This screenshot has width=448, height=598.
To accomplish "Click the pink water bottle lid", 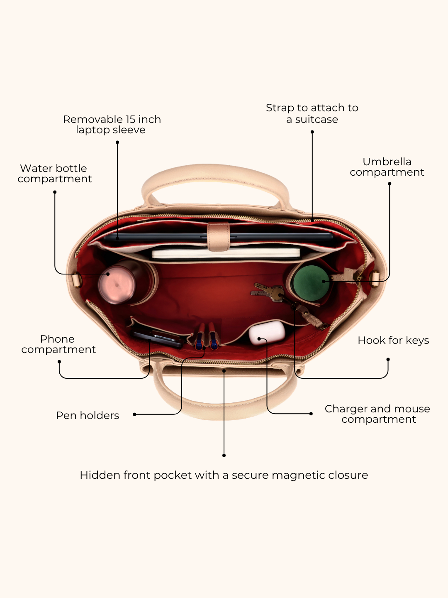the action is click(117, 285).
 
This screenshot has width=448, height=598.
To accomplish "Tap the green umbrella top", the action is click(312, 283).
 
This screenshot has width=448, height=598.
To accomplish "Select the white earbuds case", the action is click(267, 333).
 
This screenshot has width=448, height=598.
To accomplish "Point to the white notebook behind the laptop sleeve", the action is click(226, 253).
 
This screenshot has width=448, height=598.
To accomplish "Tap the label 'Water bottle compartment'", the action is click(55, 174).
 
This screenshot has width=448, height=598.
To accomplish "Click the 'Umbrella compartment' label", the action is click(387, 167).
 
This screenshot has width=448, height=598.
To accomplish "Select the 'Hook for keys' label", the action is click(393, 340).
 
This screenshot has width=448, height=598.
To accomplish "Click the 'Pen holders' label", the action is click(88, 415).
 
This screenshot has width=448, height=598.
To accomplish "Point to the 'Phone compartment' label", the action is click(58, 344).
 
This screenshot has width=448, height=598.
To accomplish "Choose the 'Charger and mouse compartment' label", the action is click(377, 414).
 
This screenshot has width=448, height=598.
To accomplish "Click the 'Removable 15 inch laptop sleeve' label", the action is click(112, 125).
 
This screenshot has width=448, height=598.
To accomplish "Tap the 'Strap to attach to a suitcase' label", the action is click(312, 113).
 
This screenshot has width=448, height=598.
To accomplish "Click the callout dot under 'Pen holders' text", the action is click(134, 414).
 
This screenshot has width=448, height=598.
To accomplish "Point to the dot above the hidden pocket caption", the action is click(224, 456).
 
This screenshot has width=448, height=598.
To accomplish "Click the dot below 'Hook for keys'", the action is click(388, 360).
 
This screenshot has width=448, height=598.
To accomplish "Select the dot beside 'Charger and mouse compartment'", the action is click(311, 414).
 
